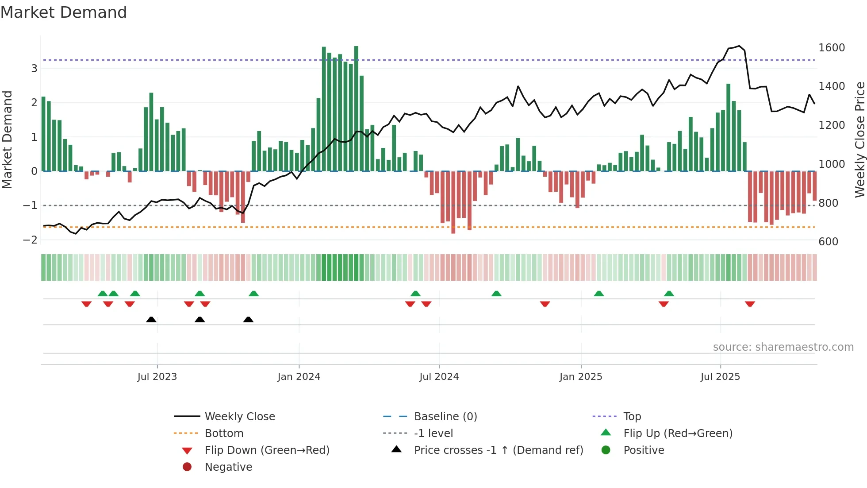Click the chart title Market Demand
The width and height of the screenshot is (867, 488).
[x=64, y=12]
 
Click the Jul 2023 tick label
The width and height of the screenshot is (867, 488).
[x=157, y=377]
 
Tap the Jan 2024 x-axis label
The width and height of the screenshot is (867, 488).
[x=299, y=377]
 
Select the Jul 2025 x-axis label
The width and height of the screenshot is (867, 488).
[x=720, y=377]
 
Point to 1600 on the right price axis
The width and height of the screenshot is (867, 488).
[x=832, y=48]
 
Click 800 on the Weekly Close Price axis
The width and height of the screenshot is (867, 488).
[x=828, y=203]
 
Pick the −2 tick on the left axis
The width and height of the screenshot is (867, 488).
[x=30, y=240]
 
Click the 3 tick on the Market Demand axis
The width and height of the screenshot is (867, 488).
[x=34, y=69]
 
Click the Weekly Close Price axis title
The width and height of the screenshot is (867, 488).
[x=859, y=139]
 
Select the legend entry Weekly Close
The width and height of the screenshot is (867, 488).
[x=240, y=417]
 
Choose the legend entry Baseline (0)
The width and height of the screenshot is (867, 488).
[x=445, y=417]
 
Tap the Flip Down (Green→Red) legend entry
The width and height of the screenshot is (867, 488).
[x=267, y=450]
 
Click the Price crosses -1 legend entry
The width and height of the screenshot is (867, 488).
[x=499, y=450]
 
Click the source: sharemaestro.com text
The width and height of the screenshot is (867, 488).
[x=783, y=347]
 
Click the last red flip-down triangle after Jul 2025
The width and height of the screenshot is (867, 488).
[x=750, y=304]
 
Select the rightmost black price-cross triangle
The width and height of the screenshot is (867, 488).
[x=248, y=319]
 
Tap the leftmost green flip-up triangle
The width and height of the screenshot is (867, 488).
[x=102, y=294]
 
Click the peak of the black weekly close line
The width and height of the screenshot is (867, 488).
[x=739, y=46]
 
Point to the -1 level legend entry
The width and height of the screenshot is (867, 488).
[x=433, y=434]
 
